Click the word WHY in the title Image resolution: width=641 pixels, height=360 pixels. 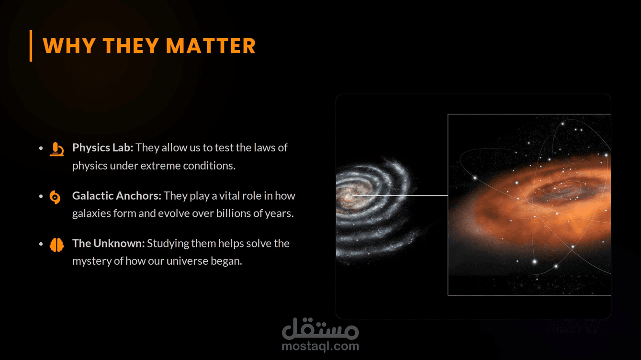[x=69, y=46]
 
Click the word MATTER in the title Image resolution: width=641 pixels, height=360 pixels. [x=211, y=46]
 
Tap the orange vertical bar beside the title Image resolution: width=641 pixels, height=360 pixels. [x=31, y=46]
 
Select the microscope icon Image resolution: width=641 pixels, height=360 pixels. [x=56, y=149]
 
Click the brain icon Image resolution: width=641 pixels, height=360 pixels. [x=56, y=245]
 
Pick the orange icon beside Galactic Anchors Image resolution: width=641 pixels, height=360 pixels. [x=55, y=197]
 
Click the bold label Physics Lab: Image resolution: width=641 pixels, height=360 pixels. [x=103, y=147]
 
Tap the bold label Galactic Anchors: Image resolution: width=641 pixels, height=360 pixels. [x=117, y=196]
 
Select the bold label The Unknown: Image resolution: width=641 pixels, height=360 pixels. [x=109, y=243]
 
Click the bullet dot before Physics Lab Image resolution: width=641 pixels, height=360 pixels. [x=41, y=148]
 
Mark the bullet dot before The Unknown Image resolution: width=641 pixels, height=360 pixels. [x=41, y=244]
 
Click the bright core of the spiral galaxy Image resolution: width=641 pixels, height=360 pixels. [x=348, y=196]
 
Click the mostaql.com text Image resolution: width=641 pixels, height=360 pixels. [x=320, y=346]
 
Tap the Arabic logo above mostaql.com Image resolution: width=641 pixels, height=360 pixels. [x=320, y=328]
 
